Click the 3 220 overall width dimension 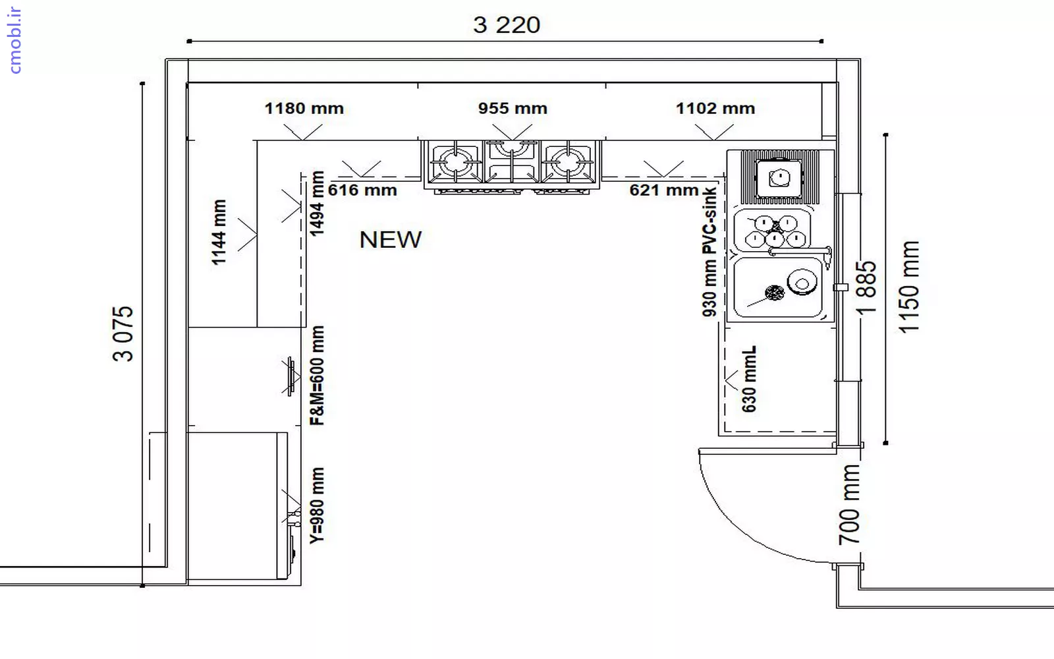pos(507,25)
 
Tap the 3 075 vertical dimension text pos(123,333)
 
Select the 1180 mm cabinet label pos(304,108)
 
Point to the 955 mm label pos(513,108)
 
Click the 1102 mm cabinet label pos(715,108)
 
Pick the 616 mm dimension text pos(362,190)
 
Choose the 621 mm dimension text pos(664,190)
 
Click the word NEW pos(391,240)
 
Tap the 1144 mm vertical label pos(219,232)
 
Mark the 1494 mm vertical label pos(317,204)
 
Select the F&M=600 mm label pos(317,375)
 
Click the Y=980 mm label pos(317,505)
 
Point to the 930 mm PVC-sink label pos(709,252)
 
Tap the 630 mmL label pos(748,379)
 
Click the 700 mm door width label pos(849,504)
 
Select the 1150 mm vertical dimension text pos(909,287)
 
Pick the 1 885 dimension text pos(866,287)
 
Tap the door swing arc pos(736,527)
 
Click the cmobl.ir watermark pos(14,40)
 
